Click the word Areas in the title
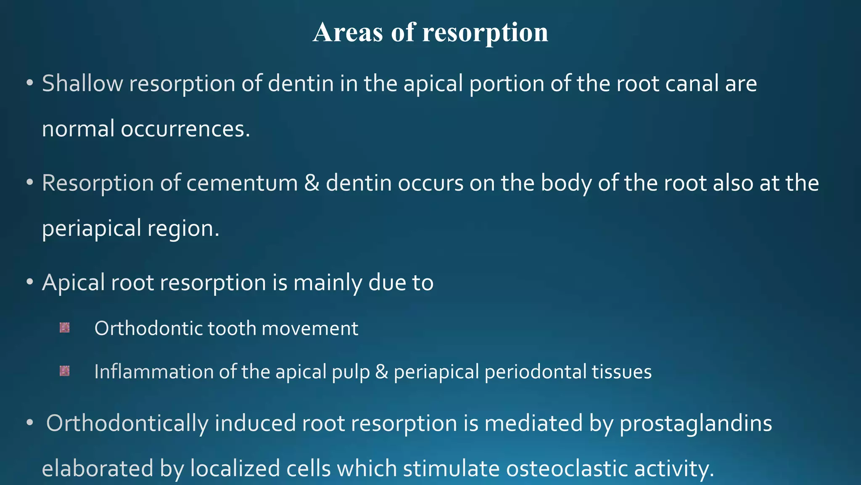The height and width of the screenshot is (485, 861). point(348,32)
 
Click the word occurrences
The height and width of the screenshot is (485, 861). point(185,129)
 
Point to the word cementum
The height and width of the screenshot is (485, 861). point(242,183)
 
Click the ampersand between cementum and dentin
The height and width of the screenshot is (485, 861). point(312,183)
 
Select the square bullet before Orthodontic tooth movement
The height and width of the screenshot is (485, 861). point(65,328)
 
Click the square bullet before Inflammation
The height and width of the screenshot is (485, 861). point(65,371)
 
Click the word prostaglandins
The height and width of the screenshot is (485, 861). point(695,424)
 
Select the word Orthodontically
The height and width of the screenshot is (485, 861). point(127,424)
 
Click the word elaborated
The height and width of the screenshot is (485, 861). point(98,469)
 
